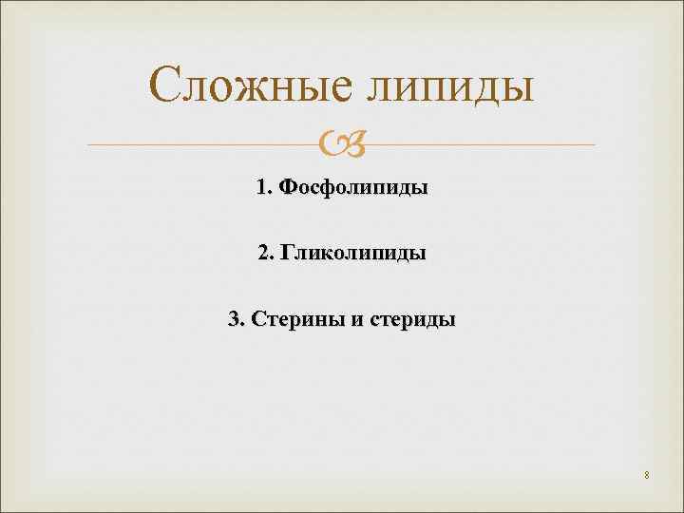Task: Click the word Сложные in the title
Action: [x=250, y=86]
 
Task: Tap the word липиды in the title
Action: [x=449, y=86]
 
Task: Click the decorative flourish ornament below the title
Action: [x=342, y=144]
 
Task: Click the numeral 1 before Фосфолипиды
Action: [x=260, y=188]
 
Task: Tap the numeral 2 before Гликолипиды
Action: [x=262, y=254]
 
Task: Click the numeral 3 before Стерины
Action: [x=233, y=319]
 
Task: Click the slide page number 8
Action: [x=646, y=475]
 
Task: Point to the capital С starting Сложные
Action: [x=168, y=86]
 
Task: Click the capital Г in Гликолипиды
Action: [x=286, y=254]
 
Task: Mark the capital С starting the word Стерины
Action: [x=256, y=319]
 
